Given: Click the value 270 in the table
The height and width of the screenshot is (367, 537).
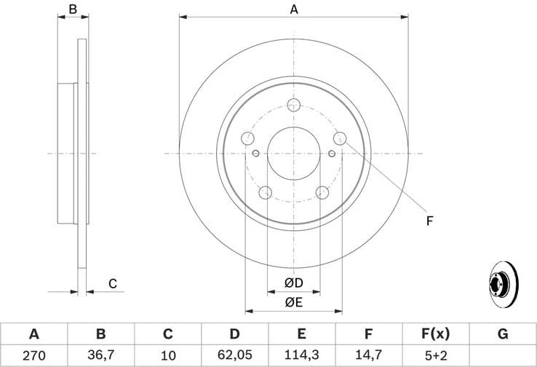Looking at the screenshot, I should [33, 356].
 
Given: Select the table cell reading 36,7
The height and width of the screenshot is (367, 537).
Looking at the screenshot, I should [100, 356].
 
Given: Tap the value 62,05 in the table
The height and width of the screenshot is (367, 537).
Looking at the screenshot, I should [234, 356].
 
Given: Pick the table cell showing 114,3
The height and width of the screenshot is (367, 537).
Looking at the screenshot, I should [301, 356].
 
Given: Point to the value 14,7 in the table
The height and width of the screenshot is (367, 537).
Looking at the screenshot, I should [368, 356].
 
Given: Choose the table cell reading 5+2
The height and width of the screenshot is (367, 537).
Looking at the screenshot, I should [435, 356].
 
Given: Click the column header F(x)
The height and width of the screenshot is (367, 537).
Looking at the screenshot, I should [435, 334].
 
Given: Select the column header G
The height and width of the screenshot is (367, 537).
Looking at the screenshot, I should [502, 334].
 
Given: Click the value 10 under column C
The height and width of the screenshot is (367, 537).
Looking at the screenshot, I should [167, 356].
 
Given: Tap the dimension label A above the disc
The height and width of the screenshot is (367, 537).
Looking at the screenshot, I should [294, 9].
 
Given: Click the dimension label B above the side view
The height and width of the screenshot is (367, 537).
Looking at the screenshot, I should [72, 9].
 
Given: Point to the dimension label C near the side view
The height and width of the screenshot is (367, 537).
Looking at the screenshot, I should [113, 283].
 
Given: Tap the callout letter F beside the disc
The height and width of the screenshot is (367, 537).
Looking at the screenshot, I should [429, 220].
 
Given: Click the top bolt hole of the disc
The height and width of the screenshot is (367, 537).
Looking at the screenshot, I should [294, 105].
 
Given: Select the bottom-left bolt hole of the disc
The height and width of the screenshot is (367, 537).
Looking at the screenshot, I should [266, 192].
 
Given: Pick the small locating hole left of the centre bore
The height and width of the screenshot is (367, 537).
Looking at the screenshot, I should [255, 153].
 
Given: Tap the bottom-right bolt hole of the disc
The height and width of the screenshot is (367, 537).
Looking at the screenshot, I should [322, 192].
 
